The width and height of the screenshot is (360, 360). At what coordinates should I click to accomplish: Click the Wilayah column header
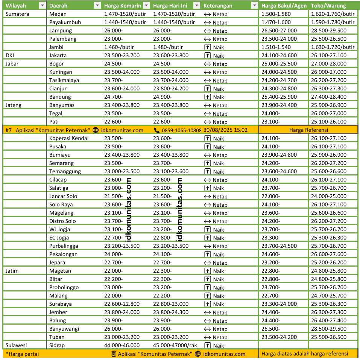[x=16, y=6]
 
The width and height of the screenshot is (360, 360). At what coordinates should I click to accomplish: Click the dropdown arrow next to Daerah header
[x=97, y=6]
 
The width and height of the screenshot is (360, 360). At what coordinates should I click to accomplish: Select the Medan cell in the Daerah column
[x=58, y=14]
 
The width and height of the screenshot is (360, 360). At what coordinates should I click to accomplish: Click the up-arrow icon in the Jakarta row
[x=207, y=55]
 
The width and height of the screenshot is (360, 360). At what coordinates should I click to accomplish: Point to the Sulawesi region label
[x=16, y=345]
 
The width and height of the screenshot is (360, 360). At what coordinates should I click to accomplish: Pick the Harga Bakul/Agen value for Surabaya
[x=279, y=304]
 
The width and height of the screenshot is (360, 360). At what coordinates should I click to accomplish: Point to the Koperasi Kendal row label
[x=69, y=138]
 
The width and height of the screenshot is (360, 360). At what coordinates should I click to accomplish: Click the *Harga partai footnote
[x=22, y=354]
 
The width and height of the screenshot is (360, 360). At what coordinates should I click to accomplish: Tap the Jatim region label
[x=12, y=271]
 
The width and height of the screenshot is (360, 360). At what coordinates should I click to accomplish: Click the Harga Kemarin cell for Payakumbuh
[x=125, y=22]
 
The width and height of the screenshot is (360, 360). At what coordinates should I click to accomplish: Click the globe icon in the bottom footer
[x=197, y=354]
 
